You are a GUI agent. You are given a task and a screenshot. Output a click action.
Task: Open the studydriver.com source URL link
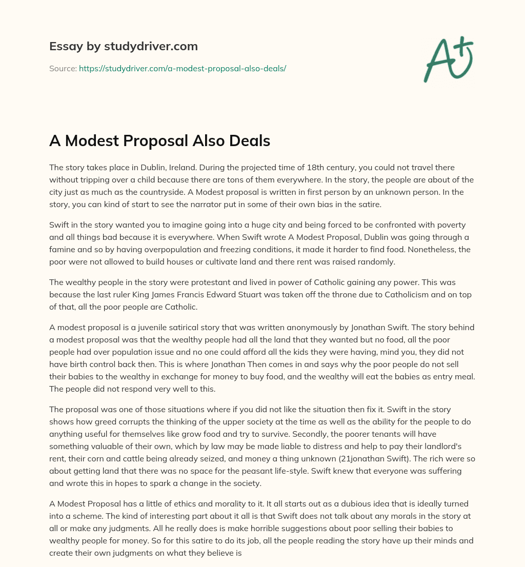pos(182,68)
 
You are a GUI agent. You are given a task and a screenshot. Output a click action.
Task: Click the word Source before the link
pos(63,68)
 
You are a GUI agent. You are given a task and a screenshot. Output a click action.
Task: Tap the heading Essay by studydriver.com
pos(123,46)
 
